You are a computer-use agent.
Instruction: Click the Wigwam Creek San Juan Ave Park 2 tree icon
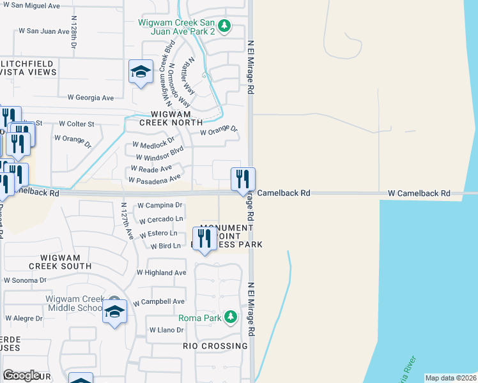point(224,26)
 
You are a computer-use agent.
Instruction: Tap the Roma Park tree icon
point(231,316)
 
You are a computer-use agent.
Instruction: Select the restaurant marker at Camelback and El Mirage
point(243,179)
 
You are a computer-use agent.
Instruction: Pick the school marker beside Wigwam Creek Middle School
point(114,312)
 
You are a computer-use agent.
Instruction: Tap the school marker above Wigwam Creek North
point(141,71)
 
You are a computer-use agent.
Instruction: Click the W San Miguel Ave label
point(35,6)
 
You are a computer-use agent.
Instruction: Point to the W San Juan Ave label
point(43,31)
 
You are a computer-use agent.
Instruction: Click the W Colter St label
point(76,124)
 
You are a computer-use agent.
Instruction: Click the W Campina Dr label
point(160,206)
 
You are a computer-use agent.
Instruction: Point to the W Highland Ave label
point(161,273)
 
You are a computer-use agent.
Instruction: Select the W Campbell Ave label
point(158,301)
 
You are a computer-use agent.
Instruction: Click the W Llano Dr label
point(166,330)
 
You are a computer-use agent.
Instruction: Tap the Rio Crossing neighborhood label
point(215,346)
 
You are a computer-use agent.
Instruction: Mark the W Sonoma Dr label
point(25,280)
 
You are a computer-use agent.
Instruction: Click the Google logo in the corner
point(21,375)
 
